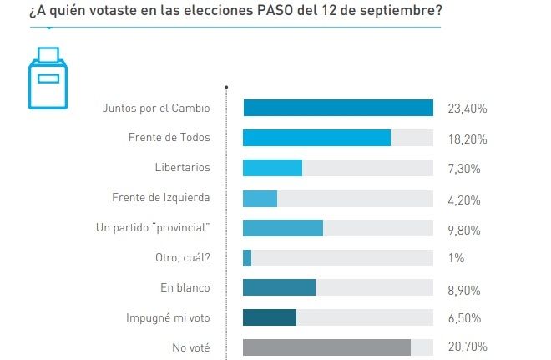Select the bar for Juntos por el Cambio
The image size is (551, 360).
point(337,109)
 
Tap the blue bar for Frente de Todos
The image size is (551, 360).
point(316,138)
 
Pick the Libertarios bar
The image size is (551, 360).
point(272,168)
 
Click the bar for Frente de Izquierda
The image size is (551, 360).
point(260,198)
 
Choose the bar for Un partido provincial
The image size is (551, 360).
point(282,228)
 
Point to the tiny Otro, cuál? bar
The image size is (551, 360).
point(247,258)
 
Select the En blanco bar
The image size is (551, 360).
point(279,287)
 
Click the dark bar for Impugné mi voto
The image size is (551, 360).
point(269,317)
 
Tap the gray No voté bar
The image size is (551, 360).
point(326,347)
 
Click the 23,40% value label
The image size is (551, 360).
point(468,109)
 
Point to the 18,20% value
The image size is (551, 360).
point(468,139)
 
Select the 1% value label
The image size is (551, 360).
point(457,258)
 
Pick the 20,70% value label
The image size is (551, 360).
point(468,347)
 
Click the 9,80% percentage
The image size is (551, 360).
point(465,228)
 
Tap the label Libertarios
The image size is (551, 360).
point(182,168)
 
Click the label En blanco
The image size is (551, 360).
point(185,288)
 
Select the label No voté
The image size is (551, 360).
point(190,347)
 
